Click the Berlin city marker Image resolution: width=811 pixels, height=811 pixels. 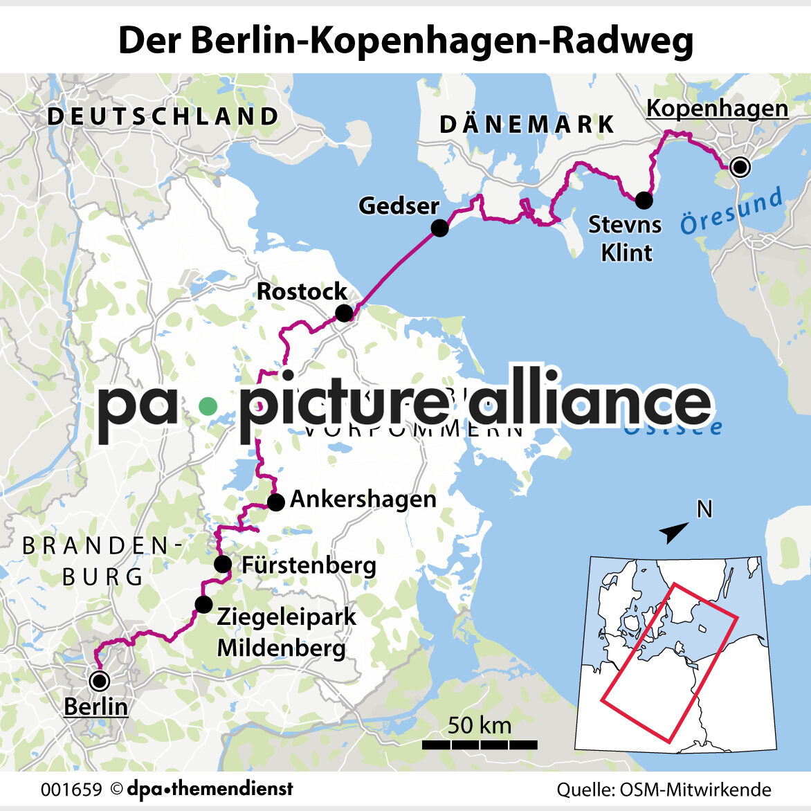(x=100, y=681)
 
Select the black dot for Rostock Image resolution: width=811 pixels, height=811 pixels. (x=344, y=313)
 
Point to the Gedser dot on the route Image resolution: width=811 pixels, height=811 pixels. (x=439, y=228)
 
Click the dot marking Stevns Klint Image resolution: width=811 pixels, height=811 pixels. (x=644, y=200)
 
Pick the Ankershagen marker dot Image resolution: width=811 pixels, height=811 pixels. (x=275, y=502)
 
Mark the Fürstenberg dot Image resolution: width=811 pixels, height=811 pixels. (x=222, y=564)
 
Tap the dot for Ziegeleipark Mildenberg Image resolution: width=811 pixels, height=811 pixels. (x=203, y=604)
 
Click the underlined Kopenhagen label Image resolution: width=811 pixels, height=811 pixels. (x=717, y=109)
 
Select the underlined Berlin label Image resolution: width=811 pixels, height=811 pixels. (x=95, y=707)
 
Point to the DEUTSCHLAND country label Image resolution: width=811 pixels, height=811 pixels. (x=163, y=116)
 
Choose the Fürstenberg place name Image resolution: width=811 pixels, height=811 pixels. (x=309, y=565)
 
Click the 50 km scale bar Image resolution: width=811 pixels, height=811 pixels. (x=480, y=745)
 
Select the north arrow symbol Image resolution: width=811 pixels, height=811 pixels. (x=673, y=531)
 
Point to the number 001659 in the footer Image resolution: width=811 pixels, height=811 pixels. (x=71, y=790)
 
